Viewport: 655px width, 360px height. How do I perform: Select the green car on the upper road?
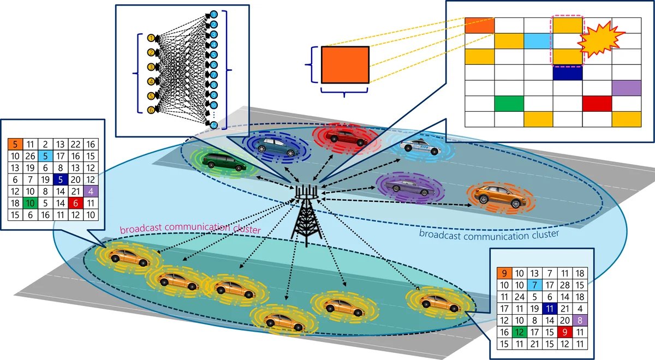224,161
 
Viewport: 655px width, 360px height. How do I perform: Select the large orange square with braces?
345,65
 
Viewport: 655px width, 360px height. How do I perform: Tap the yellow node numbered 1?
152,38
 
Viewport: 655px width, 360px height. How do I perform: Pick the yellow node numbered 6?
152,110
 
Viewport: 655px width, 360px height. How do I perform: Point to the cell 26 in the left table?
31,156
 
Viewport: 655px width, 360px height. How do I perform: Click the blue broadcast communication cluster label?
489,235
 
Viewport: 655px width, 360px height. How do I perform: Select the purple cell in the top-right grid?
626,88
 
